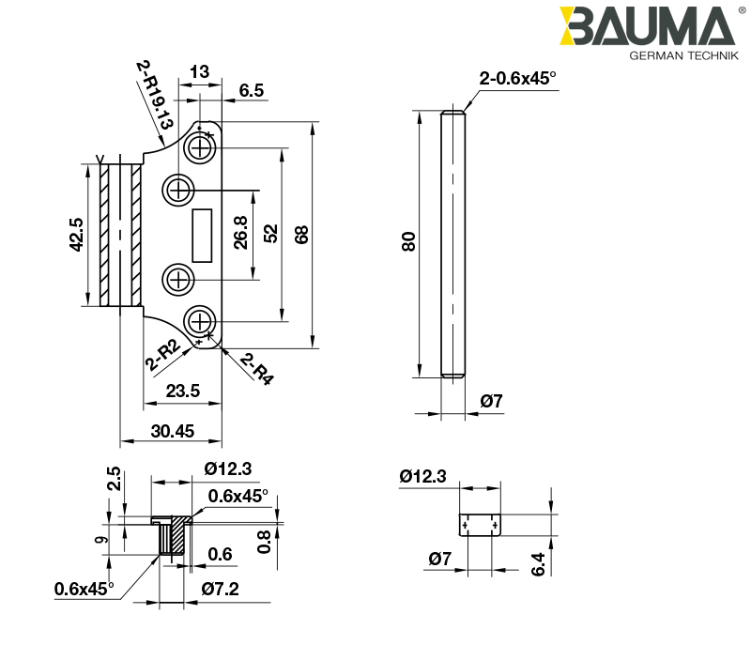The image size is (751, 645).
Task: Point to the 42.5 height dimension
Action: [77, 235]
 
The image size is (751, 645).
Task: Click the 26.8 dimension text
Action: [240, 233]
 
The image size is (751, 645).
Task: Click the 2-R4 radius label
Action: [256, 368]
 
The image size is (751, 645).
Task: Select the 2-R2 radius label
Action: [162, 357]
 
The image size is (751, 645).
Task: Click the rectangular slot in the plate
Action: [201, 234]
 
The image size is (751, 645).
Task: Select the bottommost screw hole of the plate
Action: [200, 321]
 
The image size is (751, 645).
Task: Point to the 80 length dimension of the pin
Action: [407, 242]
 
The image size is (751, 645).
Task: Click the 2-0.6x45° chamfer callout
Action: [517, 79]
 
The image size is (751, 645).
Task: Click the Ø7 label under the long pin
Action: [492, 402]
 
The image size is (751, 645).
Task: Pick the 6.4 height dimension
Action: [537, 564]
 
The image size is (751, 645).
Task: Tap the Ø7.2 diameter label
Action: [221, 590]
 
